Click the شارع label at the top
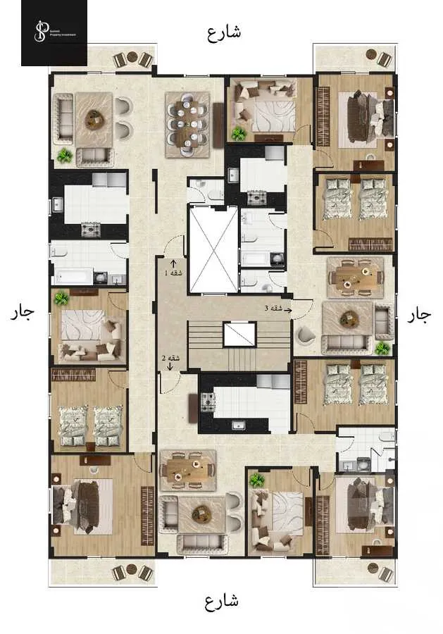[x=224, y=32]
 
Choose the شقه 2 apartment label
[x=170, y=358]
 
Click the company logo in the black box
[x=54, y=32]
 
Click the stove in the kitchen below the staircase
[x=208, y=402]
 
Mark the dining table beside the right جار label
[x=355, y=275]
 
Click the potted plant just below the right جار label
[x=382, y=348]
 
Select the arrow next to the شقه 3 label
[x=287, y=309]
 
